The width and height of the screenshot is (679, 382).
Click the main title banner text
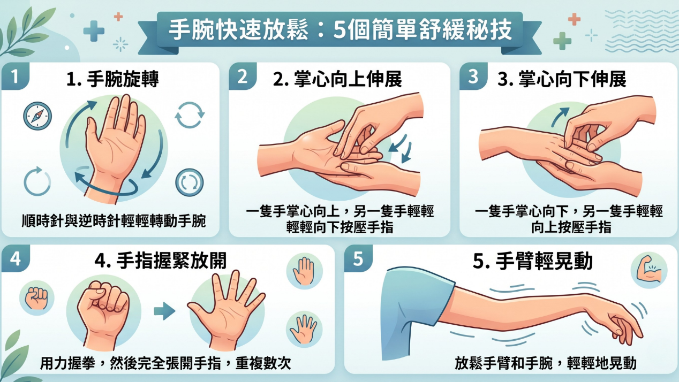pos(340,29)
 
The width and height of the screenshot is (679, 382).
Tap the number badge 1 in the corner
pos(15,77)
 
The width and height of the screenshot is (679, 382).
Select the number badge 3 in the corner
pos(473,77)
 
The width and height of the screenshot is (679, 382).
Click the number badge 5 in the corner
pos(358,258)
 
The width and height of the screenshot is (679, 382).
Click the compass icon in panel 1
pos(37,116)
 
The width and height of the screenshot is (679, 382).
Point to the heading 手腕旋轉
pos(112,79)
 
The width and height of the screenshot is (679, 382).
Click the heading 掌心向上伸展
pos(337,79)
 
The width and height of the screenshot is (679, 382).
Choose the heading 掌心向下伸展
pos(562,79)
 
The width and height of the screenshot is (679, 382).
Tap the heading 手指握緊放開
pos(161,261)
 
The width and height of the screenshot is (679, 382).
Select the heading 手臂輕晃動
pos(533,261)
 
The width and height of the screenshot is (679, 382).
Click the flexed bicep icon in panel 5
pos(649,270)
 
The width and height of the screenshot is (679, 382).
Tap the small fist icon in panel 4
pos(36,298)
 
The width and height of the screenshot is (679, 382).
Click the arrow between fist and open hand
pos(164,311)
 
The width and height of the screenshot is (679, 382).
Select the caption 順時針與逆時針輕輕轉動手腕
pos(114,221)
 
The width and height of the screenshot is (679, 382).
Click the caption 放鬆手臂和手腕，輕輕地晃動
pos(545,363)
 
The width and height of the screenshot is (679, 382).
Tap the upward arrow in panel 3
pos(560,117)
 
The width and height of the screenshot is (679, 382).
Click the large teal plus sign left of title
pos(94,31)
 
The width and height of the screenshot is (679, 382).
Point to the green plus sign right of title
pos(562,41)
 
